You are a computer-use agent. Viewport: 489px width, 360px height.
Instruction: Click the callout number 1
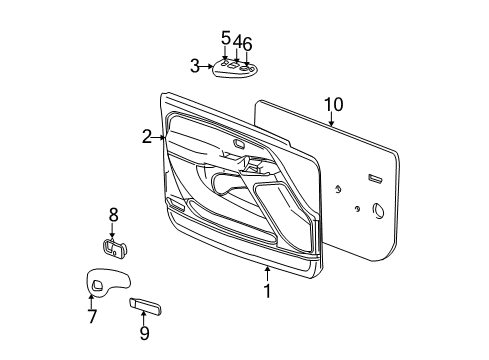(267, 291)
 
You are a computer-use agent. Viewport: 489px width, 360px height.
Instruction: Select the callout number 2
(147, 137)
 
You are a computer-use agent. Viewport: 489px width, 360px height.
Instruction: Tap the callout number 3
(195, 66)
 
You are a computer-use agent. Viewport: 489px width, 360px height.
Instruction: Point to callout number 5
(225, 39)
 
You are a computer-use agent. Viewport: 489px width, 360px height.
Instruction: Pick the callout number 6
(247, 43)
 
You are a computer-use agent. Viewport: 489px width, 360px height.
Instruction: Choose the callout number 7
(92, 317)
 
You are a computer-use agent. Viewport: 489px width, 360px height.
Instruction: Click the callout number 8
(113, 214)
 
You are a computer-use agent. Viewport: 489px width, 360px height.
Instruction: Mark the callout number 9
(143, 332)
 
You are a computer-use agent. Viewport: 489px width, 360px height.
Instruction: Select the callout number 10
(333, 103)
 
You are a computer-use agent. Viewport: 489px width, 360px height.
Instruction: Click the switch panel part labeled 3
(233, 70)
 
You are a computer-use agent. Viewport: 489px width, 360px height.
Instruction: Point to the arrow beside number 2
(159, 137)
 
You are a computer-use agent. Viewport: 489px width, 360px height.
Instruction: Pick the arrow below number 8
(112, 231)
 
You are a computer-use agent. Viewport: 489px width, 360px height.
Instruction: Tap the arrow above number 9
(143, 316)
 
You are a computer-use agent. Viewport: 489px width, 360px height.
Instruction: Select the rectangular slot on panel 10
(375, 178)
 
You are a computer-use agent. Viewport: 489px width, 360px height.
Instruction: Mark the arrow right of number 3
(208, 66)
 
